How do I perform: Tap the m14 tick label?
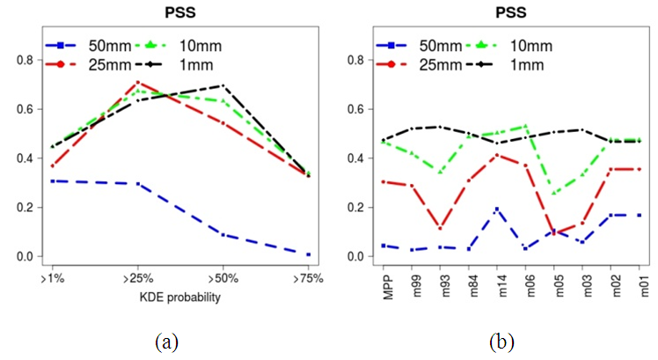click(497, 284)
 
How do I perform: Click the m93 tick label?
click(441, 284)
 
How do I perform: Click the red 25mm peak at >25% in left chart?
click(137, 83)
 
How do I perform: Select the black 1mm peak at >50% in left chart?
click(223, 86)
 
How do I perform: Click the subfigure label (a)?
click(164, 341)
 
